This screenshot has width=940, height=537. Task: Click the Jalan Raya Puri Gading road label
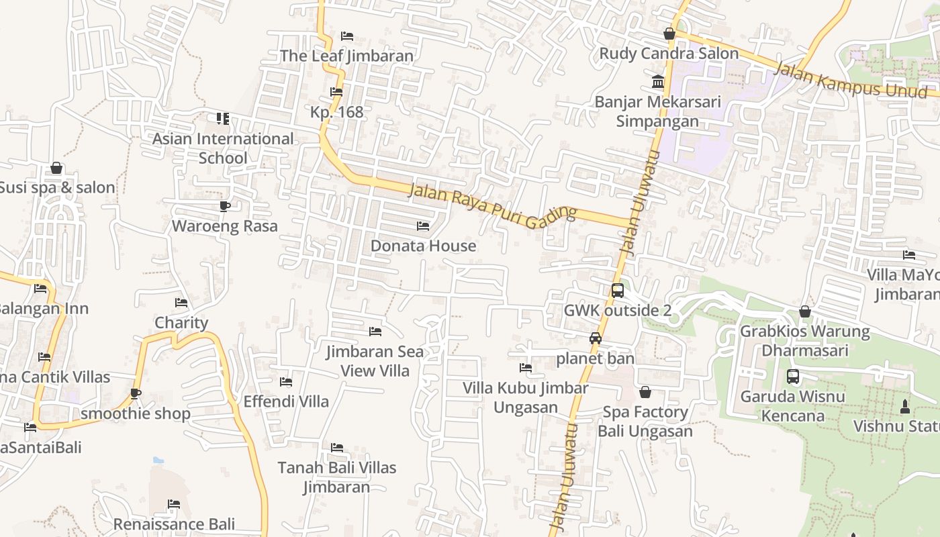[x=493, y=206]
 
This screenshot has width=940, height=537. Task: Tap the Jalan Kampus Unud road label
[x=851, y=81]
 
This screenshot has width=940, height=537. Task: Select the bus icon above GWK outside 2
[x=618, y=291]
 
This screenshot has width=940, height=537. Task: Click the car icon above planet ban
[x=596, y=338]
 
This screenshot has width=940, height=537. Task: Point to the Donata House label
[x=423, y=246]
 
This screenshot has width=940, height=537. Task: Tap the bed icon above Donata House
[x=423, y=226]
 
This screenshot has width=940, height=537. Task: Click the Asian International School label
[x=223, y=148]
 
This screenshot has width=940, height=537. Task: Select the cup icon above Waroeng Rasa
[x=224, y=206]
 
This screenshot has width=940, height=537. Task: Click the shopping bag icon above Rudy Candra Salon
[x=669, y=34]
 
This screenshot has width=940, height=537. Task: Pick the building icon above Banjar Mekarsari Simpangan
[x=658, y=82]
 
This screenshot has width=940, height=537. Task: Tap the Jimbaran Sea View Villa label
[x=375, y=361]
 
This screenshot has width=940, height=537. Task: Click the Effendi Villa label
[x=286, y=401]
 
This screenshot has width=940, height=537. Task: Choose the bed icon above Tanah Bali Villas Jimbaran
[x=337, y=448]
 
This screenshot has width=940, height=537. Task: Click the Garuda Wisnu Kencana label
[x=792, y=406]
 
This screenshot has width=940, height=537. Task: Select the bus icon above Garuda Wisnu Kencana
[x=793, y=377]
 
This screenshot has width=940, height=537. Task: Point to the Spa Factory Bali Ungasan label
[x=645, y=421]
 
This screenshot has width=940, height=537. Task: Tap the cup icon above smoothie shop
[x=136, y=394]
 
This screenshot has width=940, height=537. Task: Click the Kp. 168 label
[x=336, y=111]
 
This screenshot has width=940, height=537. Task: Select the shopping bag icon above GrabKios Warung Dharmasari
[x=804, y=311]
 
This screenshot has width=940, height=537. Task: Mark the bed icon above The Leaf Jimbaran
[x=347, y=36]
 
